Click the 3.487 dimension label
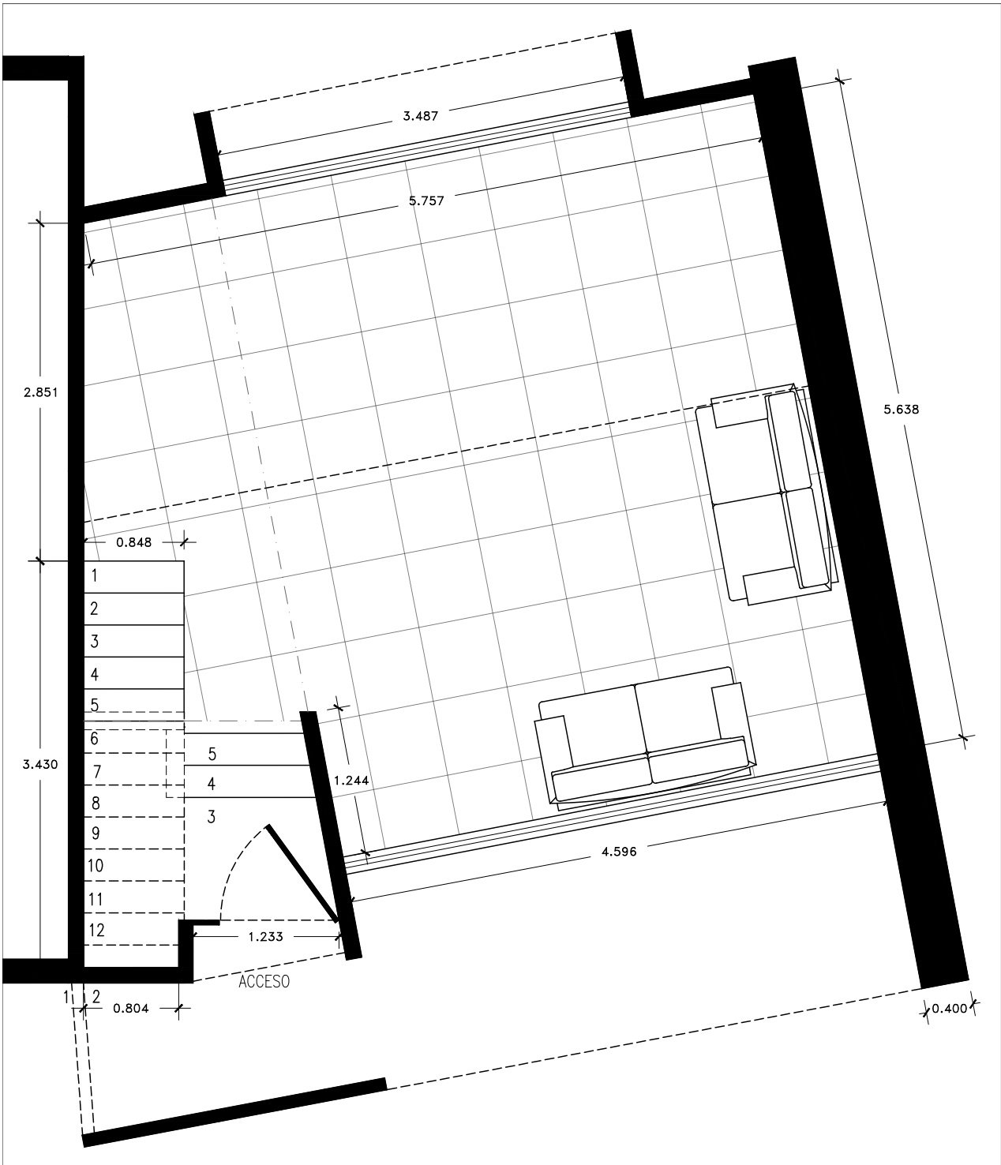click(421, 117)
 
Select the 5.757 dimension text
click(426, 200)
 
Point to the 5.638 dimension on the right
click(901, 410)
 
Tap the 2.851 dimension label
click(40, 392)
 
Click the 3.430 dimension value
click(40, 765)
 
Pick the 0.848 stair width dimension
click(133, 542)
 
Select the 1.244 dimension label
click(351, 781)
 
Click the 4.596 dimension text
click(619, 852)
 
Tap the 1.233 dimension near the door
click(265, 937)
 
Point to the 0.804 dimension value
click(131, 1008)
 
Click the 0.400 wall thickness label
click(949, 1008)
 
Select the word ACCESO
click(264, 981)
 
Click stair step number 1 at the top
click(94, 575)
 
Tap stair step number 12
click(96, 930)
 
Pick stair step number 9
click(96, 833)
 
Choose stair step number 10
click(96, 865)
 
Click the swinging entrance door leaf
click(302, 875)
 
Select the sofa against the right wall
click(767, 496)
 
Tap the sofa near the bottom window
click(645, 739)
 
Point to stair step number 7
click(97, 771)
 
